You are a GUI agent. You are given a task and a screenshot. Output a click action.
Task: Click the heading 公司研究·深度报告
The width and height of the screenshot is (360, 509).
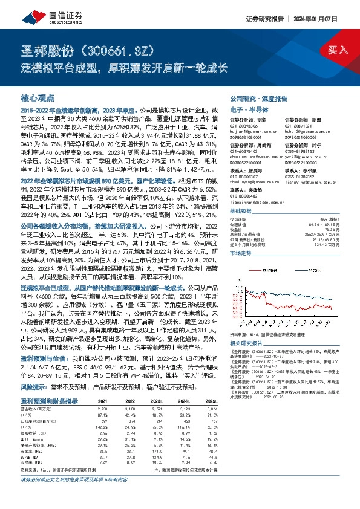(258, 98)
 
